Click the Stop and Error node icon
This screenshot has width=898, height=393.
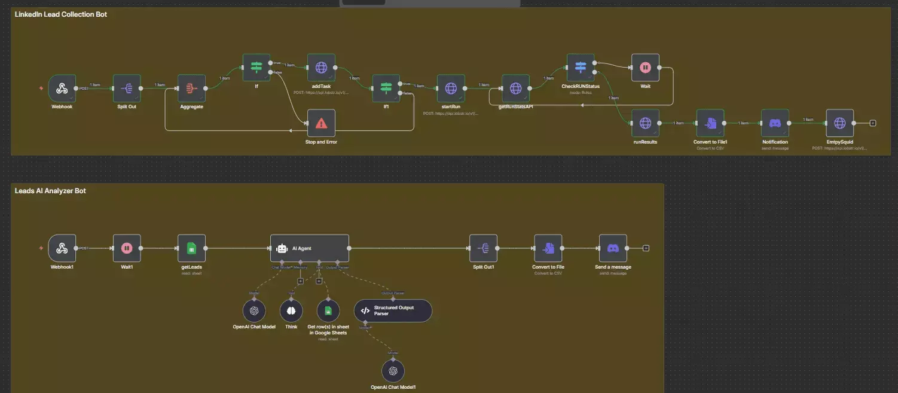(321, 123)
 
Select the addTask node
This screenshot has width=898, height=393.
(321, 68)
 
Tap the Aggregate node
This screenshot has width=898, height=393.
(192, 89)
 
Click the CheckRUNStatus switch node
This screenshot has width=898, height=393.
(580, 68)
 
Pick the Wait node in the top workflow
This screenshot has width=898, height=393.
(645, 68)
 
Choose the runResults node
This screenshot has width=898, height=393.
(645, 123)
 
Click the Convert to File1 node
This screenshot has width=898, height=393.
(710, 123)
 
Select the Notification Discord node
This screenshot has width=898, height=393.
(775, 123)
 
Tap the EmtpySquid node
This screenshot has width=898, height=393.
(839, 123)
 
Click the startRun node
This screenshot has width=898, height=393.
(451, 89)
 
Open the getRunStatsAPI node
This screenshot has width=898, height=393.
(515, 89)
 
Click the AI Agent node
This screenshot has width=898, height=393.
(310, 248)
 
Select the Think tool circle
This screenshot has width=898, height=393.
(291, 311)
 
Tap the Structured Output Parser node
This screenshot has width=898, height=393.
(393, 310)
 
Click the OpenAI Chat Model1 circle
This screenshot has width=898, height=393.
(393, 371)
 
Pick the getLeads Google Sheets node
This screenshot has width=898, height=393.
(191, 248)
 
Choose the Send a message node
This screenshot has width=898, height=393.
(613, 248)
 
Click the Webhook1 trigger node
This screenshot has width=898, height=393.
(62, 248)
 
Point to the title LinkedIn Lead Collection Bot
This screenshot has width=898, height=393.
(61, 14)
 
